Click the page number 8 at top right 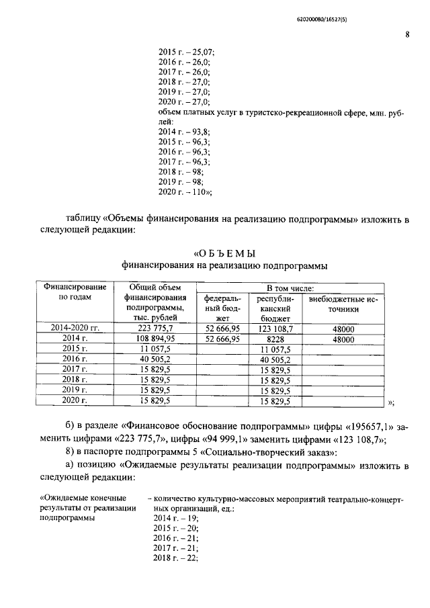407,35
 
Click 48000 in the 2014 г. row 343,339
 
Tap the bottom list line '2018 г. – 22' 176,558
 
